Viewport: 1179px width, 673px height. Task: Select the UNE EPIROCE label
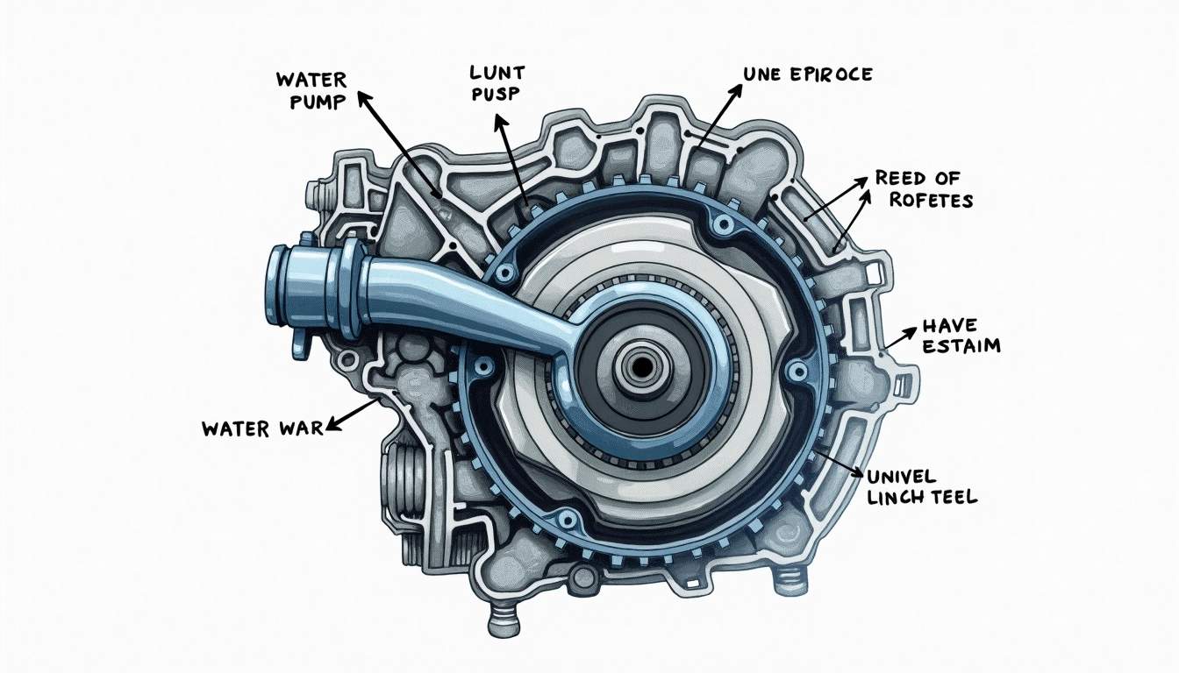(807, 74)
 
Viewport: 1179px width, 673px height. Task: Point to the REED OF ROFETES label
(924, 188)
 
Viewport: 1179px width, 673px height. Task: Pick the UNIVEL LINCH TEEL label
(921, 487)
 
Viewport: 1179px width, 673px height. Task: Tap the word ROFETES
(931, 200)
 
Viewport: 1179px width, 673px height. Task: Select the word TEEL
(953, 498)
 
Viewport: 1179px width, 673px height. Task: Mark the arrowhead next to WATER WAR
(331, 427)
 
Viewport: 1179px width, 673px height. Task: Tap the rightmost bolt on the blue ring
(797, 372)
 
